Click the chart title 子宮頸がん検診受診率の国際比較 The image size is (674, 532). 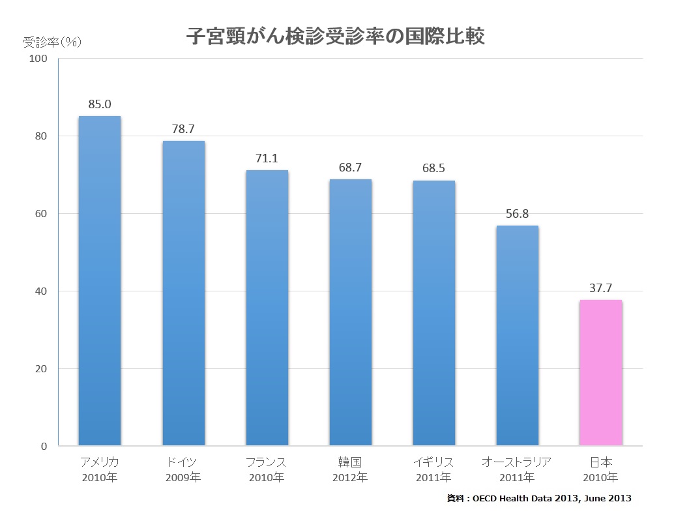[336, 36]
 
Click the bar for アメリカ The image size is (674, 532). [100, 280]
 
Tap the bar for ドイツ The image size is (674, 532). [183, 293]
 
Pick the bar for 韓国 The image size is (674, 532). [350, 312]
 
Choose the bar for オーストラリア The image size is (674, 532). [517, 336]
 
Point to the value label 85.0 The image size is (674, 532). [100, 104]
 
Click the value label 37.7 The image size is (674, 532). [600, 288]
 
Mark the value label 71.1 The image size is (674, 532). [267, 158]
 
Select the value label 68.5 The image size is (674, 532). [433, 168]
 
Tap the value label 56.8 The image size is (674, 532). [517, 213]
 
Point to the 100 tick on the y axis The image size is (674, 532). [38, 59]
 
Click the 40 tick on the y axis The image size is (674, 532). [41, 291]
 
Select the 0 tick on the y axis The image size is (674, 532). [44, 446]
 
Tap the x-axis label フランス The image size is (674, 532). [267, 462]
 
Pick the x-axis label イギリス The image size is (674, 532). [433, 462]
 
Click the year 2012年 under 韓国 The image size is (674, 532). [350, 478]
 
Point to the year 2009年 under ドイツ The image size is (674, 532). [183, 478]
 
